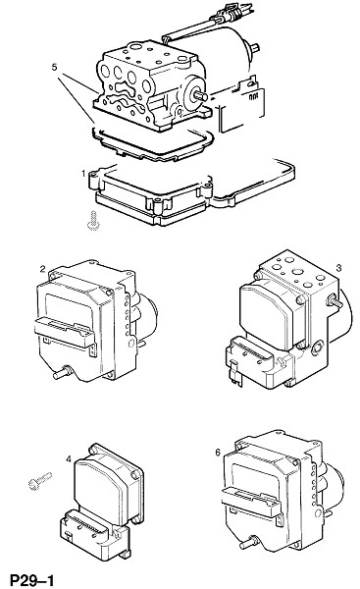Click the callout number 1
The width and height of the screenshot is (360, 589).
pyautogui.click(x=83, y=173)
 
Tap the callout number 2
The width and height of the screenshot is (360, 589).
pyautogui.click(x=43, y=269)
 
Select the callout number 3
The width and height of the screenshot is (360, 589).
pyautogui.click(x=338, y=268)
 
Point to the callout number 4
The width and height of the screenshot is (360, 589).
pyautogui.click(x=68, y=459)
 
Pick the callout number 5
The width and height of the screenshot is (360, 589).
pyautogui.click(x=54, y=67)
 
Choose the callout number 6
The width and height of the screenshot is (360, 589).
pyautogui.click(x=218, y=453)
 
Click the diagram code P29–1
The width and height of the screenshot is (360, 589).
pyautogui.click(x=32, y=580)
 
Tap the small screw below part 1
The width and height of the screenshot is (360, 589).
pyautogui.click(x=93, y=221)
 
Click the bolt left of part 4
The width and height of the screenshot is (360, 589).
pyautogui.click(x=39, y=481)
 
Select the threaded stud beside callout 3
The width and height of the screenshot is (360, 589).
pyautogui.click(x=335, y=300)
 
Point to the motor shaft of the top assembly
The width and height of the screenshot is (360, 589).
pyautogui.click(x=201, y=95)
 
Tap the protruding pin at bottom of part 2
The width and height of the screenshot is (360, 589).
pyautogui.click(x=63, y=373)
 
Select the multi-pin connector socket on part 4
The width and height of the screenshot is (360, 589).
pyautogui.click(x=86, y=525)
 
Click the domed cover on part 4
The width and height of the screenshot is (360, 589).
pyautogui.click(x=101, y=489)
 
